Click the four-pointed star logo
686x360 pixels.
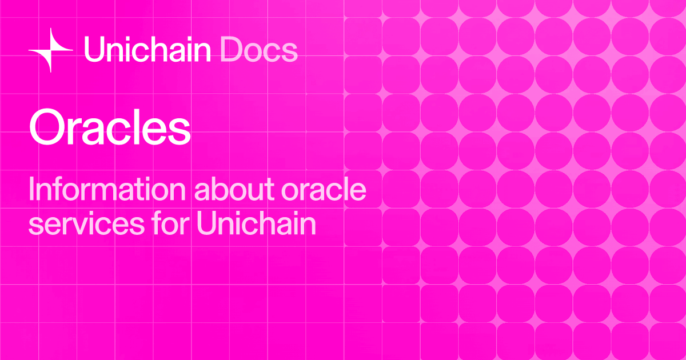click(x=51, y=50)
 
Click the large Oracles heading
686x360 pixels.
click(x=110, y=129)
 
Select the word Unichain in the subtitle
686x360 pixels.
click(x=255, y=225)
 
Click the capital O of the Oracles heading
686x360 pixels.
click(x=46, y=129)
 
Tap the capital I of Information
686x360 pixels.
click(x=32, y=190)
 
